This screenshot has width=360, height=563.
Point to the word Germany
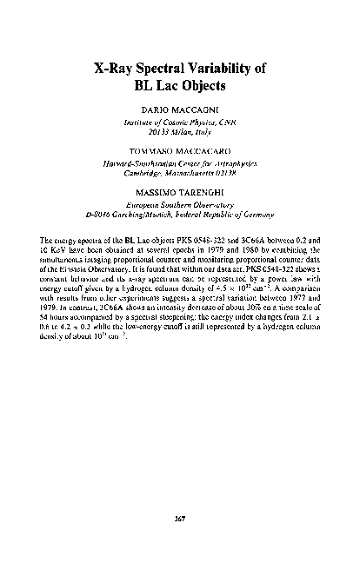pos(254,213)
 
